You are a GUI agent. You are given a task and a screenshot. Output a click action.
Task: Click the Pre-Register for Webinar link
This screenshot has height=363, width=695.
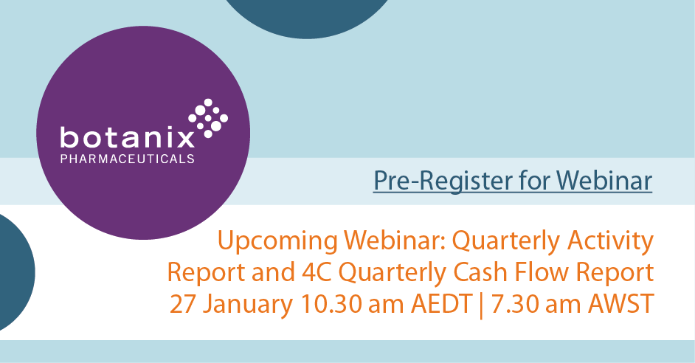click(513, 180)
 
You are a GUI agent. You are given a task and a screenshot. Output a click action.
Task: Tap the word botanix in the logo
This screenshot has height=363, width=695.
click(127, 137)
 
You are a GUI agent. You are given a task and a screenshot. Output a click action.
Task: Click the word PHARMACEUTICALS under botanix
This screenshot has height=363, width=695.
click(127, 158)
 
